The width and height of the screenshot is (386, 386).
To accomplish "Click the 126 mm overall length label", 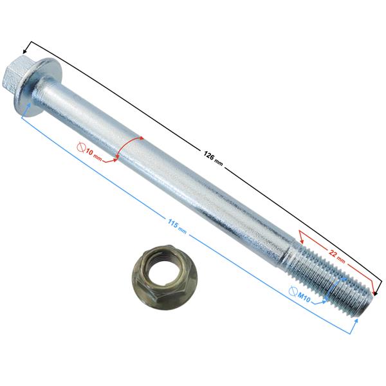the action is [x=213, y=159].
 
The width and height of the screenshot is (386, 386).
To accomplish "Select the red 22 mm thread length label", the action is [x=336, y=255].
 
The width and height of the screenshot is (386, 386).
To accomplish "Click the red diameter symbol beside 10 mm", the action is [x=81, y=147].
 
